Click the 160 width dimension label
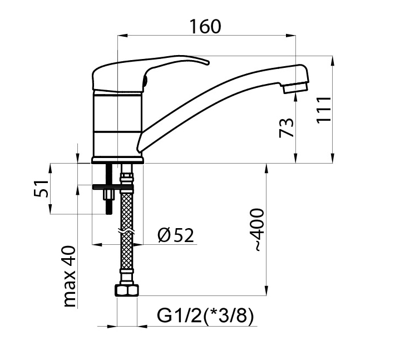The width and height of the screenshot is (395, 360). (205, 27)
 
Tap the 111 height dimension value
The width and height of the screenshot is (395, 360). (324, 110)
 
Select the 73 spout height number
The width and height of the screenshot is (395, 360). (287, 128)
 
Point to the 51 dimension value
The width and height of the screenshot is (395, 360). (41, 189)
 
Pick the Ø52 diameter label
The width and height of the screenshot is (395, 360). (176, 235)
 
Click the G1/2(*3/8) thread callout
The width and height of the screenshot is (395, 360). (205, 315)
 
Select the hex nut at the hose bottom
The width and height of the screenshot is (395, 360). (127, 290)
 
